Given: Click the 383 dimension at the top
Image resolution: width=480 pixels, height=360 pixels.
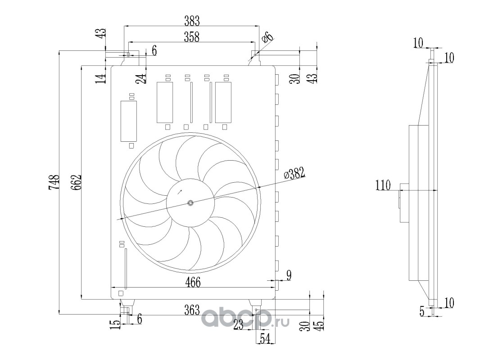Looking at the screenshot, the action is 192,21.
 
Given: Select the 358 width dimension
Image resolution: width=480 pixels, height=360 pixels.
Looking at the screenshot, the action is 192,37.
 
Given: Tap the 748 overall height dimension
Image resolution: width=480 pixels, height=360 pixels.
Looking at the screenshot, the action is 54,182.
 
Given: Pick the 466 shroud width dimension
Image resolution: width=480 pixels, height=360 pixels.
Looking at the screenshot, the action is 193,282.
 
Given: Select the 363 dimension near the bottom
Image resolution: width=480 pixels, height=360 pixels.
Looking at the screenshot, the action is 192,310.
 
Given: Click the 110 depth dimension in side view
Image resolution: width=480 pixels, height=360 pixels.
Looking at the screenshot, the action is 383,185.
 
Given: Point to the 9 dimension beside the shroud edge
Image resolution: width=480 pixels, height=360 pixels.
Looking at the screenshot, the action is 288,275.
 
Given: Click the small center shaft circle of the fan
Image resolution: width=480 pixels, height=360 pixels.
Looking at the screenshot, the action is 190,202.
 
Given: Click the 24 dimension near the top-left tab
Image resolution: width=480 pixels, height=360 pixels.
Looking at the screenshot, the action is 141,78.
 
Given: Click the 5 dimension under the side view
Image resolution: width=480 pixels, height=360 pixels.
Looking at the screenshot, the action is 422,312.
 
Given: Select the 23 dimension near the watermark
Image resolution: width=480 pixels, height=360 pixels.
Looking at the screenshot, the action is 239,324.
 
